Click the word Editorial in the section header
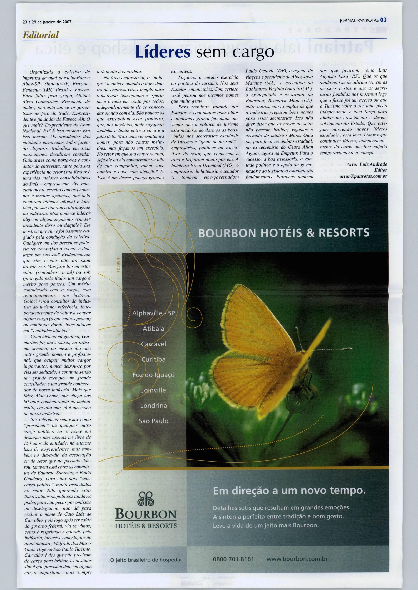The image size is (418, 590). (41, 35)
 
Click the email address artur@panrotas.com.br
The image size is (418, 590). (363, 176)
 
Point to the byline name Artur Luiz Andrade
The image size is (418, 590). (367, 164)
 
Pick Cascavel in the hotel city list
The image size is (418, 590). (153, 344)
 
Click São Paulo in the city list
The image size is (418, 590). (153, 421)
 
